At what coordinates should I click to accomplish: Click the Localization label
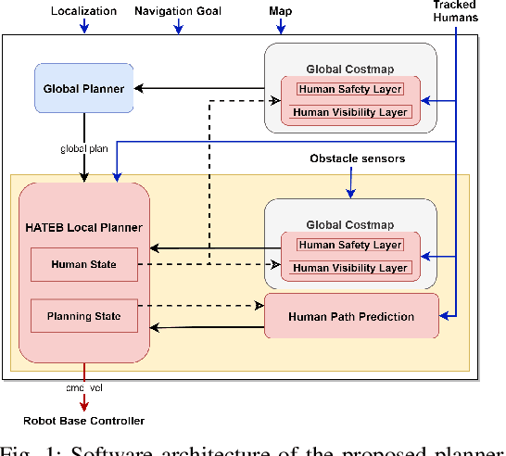tap(83, 11)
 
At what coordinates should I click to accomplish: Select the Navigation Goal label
tap(177, 11)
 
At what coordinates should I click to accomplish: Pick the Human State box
tap(83, 264)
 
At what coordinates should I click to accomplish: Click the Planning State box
tap(83, 316)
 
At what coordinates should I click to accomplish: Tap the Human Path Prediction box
tap(350, 317)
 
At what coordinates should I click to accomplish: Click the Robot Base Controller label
tap(85, 421)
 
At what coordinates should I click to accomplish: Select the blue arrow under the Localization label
tap(83, 27)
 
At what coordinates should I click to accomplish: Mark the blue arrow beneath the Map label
tap(282, 27)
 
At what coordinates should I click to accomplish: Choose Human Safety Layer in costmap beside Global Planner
tap(349, 89)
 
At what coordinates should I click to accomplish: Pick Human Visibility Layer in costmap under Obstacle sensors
tap(349, 268)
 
